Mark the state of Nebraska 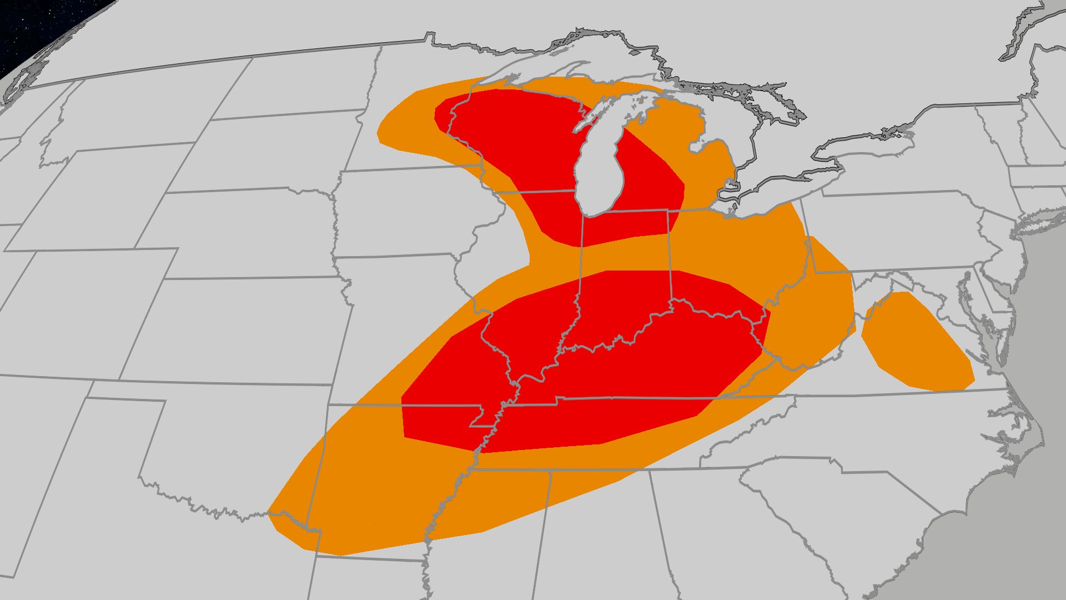[244, 233]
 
